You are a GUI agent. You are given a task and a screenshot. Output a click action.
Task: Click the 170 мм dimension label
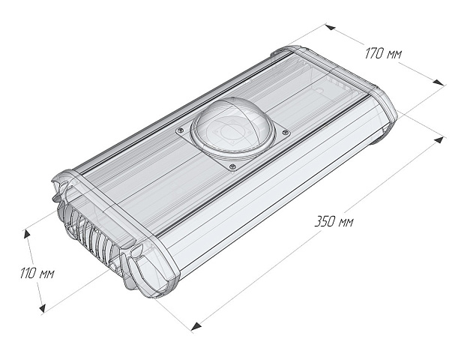[383, 54]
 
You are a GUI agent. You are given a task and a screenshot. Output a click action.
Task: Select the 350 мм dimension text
[334, 222]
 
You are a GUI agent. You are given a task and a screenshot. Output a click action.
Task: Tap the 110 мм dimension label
[37, 274]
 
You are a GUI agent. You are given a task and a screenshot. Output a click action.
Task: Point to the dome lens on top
[228, 127]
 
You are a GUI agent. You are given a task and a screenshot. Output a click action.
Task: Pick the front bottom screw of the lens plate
[233, 166]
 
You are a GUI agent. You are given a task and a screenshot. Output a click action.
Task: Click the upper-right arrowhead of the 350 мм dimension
[442, 139]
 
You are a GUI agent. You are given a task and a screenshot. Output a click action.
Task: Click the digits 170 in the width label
[374, 52]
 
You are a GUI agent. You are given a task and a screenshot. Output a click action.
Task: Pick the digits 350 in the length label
[325, 222]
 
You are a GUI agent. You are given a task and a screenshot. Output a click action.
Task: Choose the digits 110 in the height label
[27, 274]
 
